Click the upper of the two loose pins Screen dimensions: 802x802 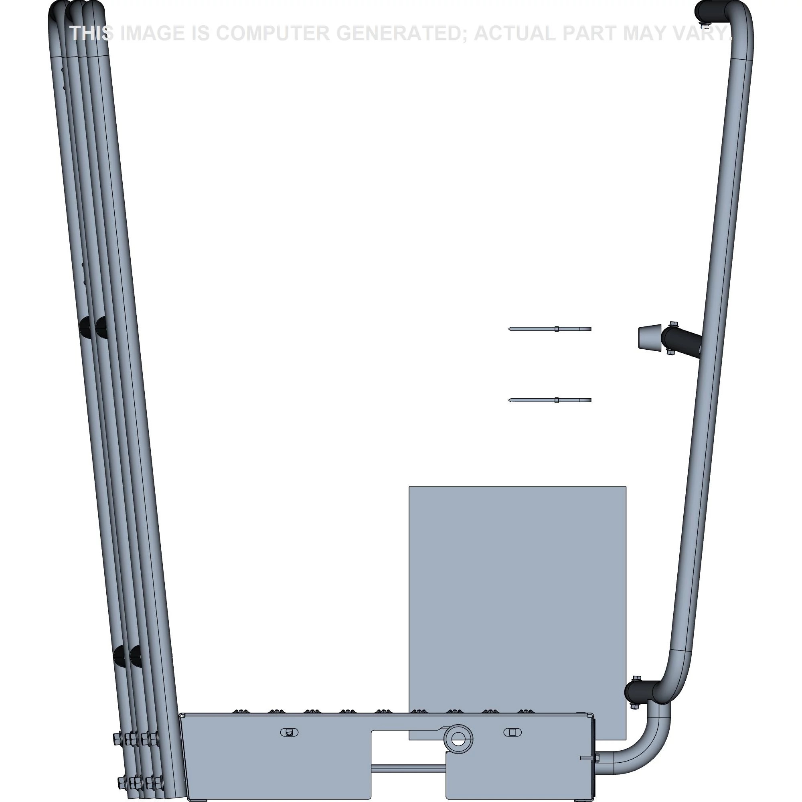pos(550,329)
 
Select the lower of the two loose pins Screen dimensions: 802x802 pos(550,400)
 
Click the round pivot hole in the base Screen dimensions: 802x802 pos(458,738)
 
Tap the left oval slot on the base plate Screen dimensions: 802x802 pos(290,732)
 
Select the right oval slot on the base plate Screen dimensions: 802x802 pos(512,732)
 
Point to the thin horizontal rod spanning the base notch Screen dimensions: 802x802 pos(408,768)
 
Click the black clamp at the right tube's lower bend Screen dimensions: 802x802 pos(640,691)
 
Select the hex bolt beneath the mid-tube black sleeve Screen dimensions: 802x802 pos(670,352)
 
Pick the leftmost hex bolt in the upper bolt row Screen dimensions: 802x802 pos(117,737)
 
